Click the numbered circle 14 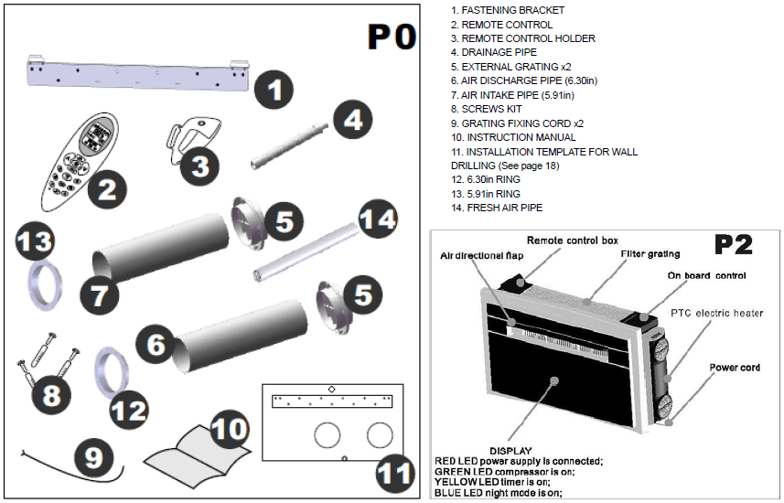click(376, 219)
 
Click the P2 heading click(735, 245)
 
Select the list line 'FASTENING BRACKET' click(507, 10)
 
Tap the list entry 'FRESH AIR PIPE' click(496, 208)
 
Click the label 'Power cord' click(736, 369)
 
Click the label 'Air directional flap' click(483, 255)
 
